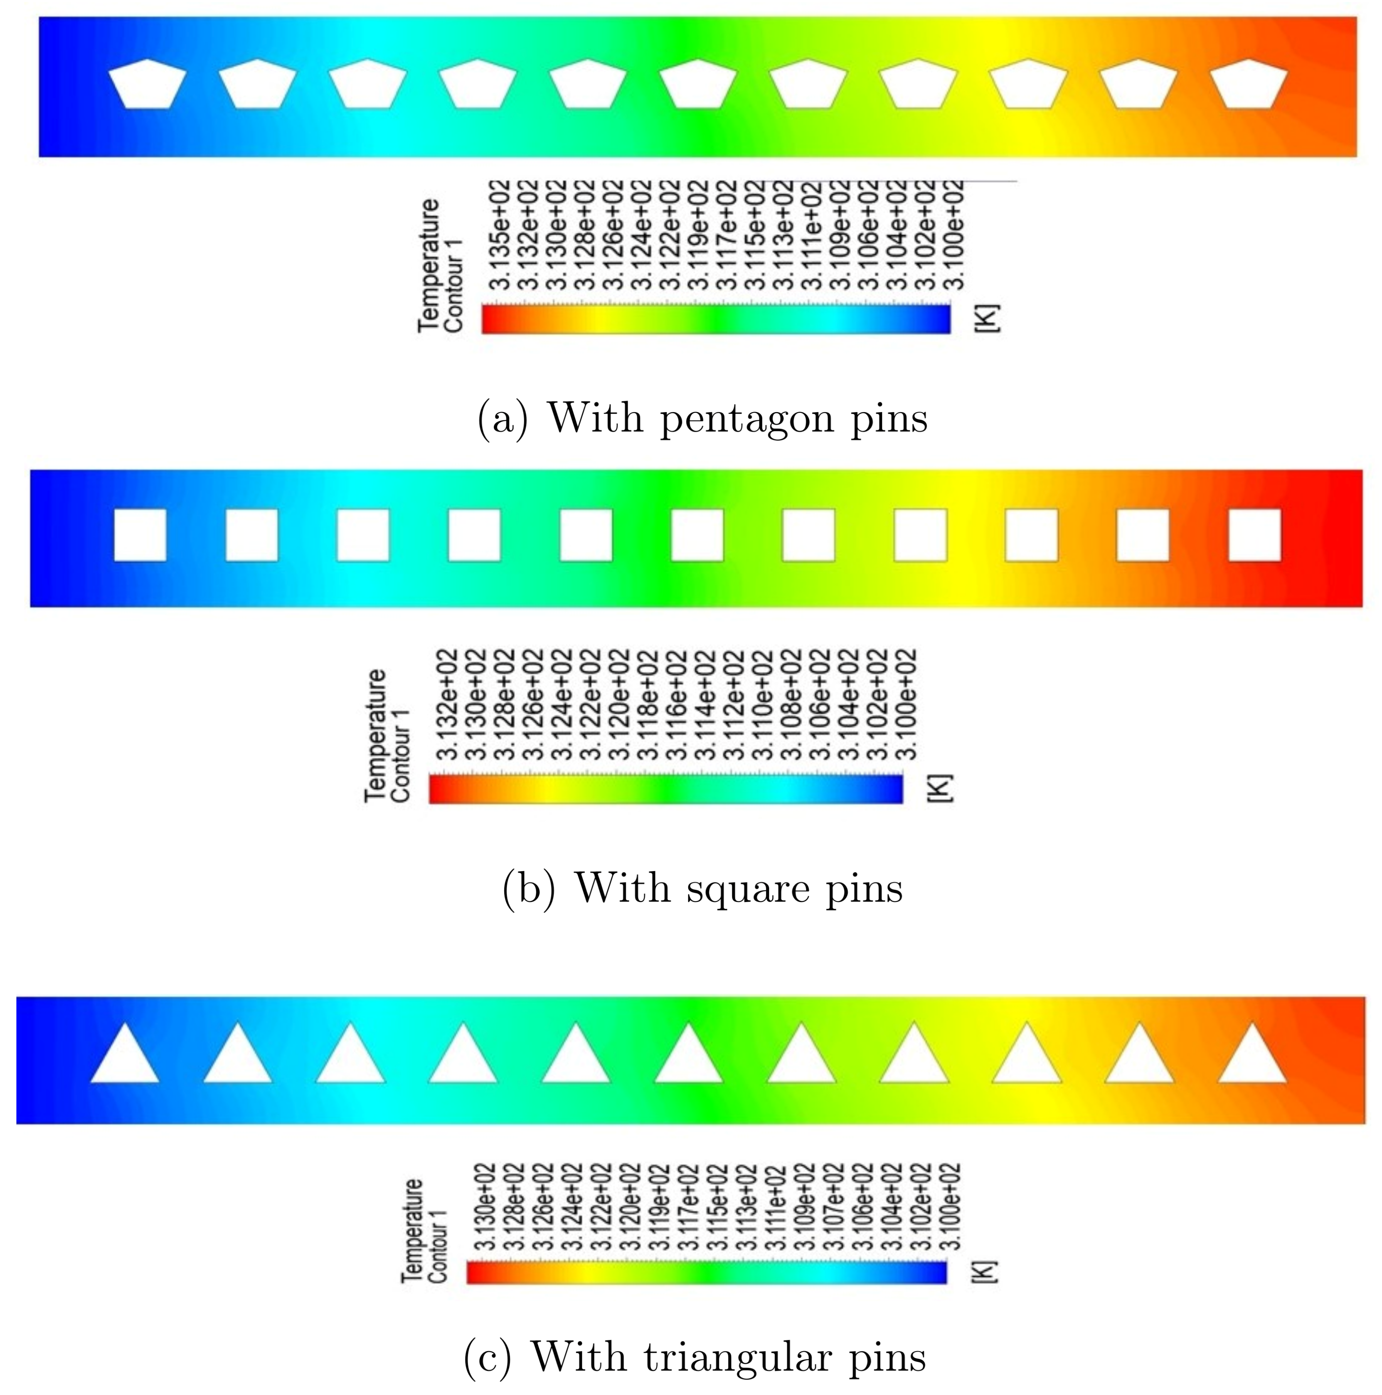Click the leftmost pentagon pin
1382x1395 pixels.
coord(147,85)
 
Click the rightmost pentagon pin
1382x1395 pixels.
coord(1248,85)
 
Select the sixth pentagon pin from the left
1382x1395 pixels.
coord(698,85)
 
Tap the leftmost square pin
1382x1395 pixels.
coord(140,535)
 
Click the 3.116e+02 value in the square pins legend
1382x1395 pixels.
coord(680,705)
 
